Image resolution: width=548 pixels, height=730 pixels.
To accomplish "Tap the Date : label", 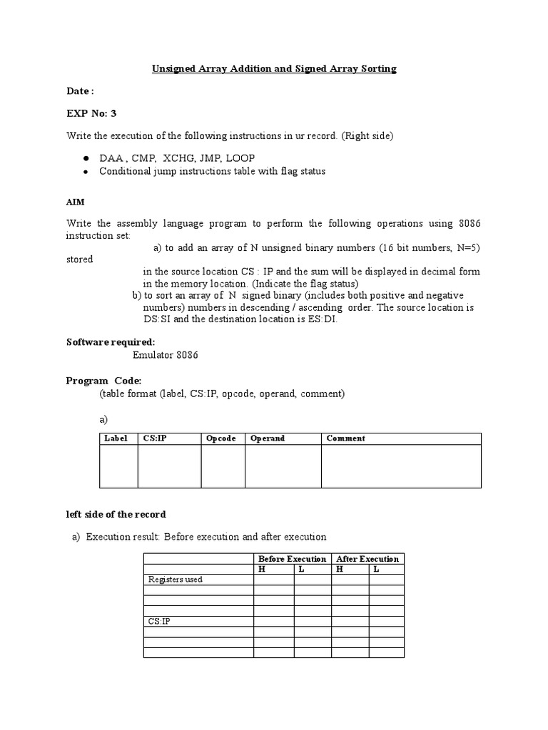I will coord(80,91).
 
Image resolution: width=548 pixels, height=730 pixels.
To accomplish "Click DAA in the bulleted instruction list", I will coord(111,158).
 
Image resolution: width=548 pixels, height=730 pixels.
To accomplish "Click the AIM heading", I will coord(76,202).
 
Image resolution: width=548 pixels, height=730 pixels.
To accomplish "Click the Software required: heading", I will coord(110,342).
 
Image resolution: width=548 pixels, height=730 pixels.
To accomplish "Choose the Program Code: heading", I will coord(103,381).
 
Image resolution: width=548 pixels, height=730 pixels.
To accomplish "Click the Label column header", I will coord(116,438).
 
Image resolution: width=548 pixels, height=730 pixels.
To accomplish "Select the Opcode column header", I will coord(221,438).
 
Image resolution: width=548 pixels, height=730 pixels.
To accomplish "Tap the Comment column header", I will coord(345,438).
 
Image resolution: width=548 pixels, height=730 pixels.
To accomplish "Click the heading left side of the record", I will coord(116,514).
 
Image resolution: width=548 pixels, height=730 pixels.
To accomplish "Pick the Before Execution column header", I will coord(292,558).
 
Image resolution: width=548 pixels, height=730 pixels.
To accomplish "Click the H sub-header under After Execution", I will coord(340,569).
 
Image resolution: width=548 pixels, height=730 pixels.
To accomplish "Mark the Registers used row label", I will coord(175,580).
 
